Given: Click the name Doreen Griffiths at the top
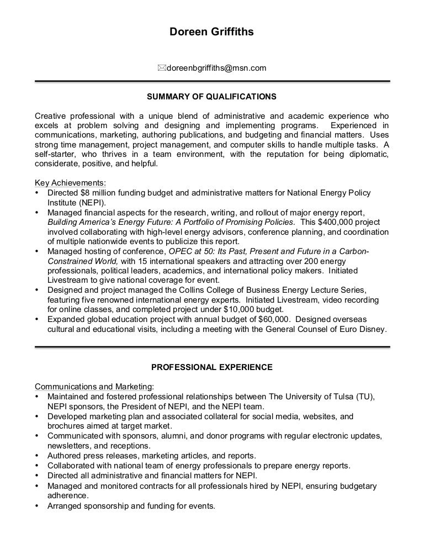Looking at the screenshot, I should coord(211,33).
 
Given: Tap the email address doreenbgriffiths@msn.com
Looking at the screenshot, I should coord(216,68).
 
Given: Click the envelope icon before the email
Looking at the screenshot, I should coord(161,68).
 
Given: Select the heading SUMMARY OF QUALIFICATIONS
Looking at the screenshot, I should coord(211,97).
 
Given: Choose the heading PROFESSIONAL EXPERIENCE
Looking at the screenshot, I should coord(211,367).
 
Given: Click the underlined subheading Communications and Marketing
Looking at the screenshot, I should coord(94,387).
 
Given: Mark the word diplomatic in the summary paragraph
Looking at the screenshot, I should coord(369,154).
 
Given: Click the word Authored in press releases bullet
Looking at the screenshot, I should coord(65,456).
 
